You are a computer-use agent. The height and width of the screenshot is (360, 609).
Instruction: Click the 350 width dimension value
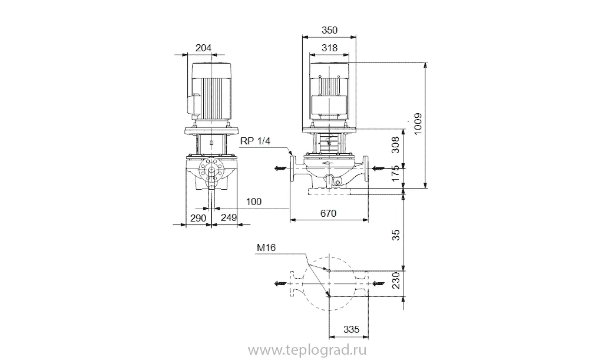(329, 30)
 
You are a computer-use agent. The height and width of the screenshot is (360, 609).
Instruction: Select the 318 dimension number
(329, 48)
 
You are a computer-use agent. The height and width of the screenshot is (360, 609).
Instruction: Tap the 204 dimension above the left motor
(203, 48)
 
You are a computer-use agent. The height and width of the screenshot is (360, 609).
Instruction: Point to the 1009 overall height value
(418, 124)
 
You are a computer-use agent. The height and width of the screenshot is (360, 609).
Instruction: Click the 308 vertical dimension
(395, 145)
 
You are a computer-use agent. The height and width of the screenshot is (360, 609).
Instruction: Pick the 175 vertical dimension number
(395, 173)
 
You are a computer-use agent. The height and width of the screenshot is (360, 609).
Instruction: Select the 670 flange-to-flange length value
(328, 213)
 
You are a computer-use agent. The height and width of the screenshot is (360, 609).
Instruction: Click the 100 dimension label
(254, 202)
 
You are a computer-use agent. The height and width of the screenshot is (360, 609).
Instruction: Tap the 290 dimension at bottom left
(198, 218)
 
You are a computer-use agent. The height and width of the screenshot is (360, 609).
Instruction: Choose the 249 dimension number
(229, 218)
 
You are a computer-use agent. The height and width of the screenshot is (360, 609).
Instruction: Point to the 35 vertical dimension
(395, 235)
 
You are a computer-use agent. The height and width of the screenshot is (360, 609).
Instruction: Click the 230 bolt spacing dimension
(395, 280)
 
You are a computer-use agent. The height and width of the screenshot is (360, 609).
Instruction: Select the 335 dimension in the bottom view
(352, 330)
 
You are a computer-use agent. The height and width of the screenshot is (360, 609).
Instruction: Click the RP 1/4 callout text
(255, 141)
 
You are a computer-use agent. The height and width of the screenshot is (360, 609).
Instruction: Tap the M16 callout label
(266, 248)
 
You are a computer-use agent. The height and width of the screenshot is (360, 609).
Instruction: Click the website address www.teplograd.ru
(307, 351)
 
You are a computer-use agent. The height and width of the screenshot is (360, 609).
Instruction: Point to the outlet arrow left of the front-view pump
(280, 169)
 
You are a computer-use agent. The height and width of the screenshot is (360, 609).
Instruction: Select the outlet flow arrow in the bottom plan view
(280, 283)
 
